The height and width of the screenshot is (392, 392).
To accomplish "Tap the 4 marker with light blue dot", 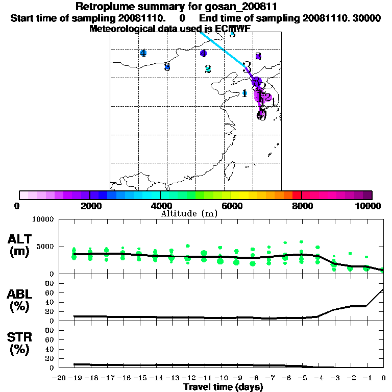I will point(143,53).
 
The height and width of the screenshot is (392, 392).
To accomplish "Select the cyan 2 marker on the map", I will point(208,69).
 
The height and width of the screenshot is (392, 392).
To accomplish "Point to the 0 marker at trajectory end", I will point(262,115).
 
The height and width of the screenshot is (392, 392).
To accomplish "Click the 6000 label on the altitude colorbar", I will point(231,206).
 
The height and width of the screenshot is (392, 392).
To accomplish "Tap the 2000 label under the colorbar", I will point(90,206).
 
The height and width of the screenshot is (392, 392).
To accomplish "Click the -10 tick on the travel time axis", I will point(220,378).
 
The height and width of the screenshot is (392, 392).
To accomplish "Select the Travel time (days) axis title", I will point(223,387).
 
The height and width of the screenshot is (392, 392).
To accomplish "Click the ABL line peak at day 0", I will point(383,289).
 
